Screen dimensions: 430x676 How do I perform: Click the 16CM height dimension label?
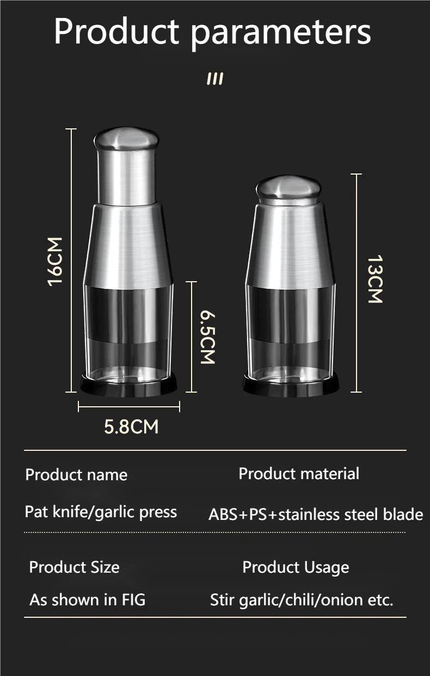tap(55, 262)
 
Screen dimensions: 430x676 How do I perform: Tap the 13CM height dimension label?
tap(375, 279)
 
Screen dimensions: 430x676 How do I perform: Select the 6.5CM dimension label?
tap(208, 338)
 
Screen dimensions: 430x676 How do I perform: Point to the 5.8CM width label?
tap(131, 427)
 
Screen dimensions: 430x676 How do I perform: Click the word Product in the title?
tap(116, 32)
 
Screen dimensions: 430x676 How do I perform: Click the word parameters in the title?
tap(280, 34)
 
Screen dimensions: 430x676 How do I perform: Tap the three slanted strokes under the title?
tap(215, 79)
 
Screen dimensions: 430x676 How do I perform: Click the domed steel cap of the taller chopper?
tap(126, 139)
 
